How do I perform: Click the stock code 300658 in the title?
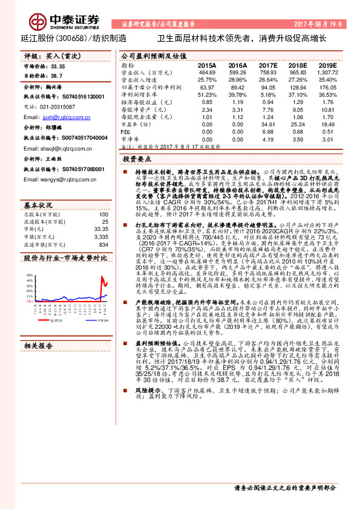74,37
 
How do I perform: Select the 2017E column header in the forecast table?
268,65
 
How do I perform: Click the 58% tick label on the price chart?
29,274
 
